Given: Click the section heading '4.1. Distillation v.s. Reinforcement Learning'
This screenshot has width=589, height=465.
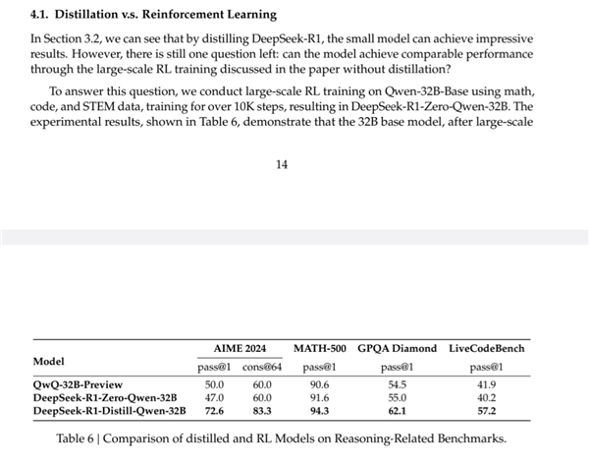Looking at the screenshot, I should coord(154,16).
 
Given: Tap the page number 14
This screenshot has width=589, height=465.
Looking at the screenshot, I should coord(282,164).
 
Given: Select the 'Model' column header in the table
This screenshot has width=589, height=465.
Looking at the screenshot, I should coord(49,361).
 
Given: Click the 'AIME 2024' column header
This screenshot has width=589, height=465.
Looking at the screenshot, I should coord(239,349).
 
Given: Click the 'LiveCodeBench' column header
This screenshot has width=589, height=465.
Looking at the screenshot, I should coord(485,349).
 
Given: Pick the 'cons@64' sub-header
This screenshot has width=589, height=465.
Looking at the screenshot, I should coord(263,367).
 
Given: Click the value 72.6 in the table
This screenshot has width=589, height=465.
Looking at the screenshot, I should coord(214,409).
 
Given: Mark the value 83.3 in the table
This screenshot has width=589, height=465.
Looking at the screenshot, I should coord(262,409).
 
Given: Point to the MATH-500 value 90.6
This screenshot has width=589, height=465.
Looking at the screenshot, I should coord(318,383).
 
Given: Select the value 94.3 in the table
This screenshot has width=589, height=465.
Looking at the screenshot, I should coord(318,409).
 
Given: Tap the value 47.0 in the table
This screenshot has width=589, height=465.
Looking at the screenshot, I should coord(214,396).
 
